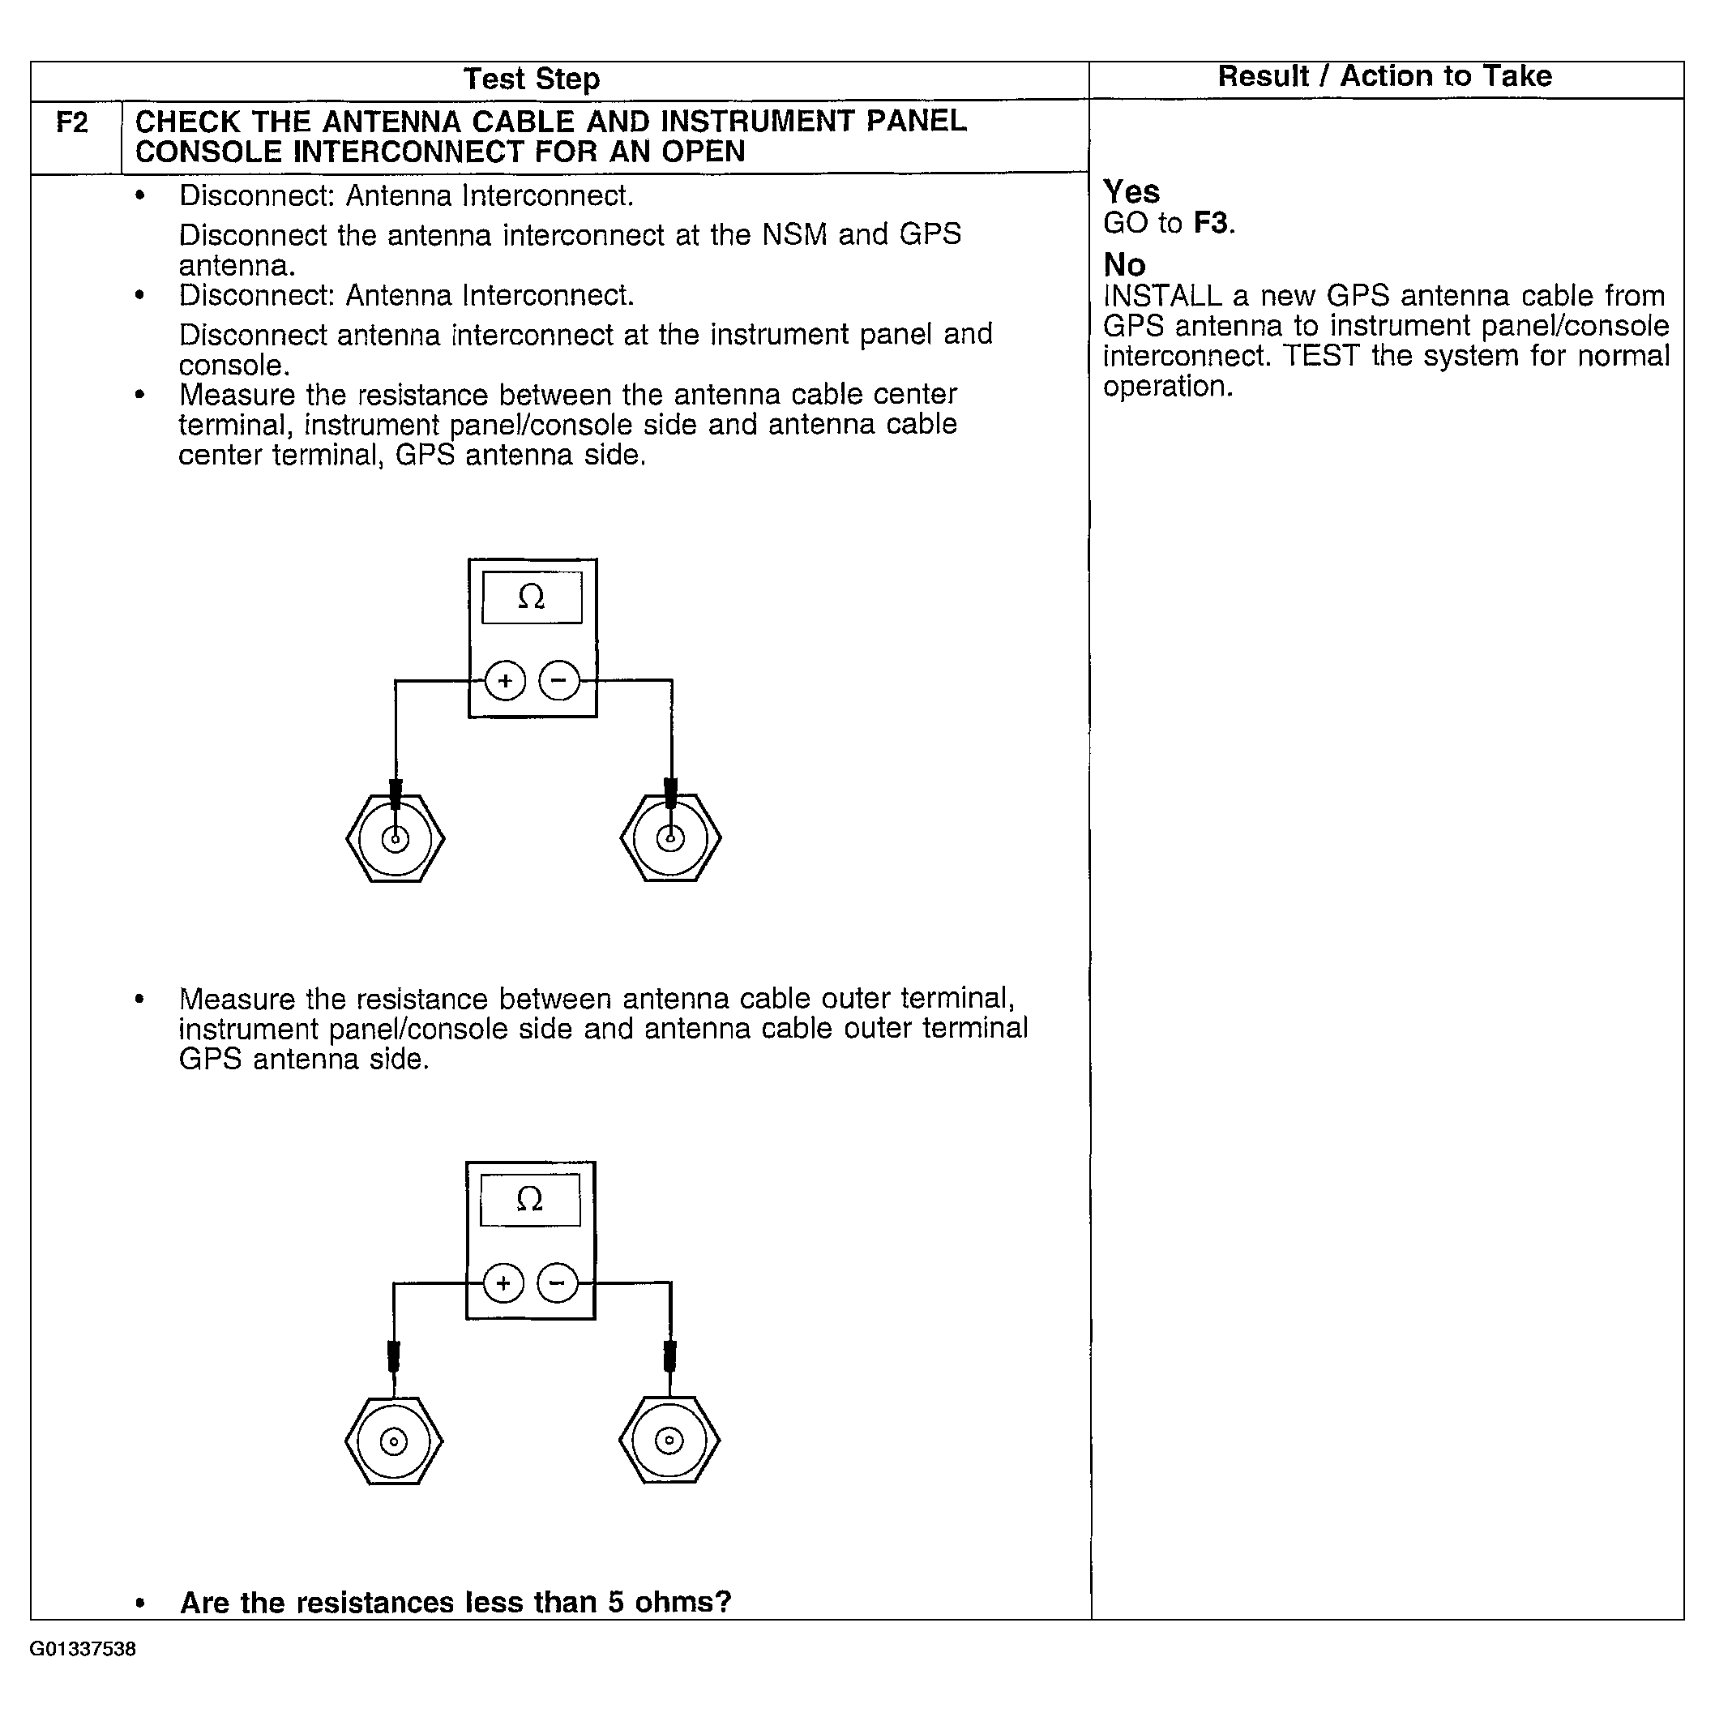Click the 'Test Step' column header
[532, 80]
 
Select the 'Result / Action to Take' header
[1384, 76]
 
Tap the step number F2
[73, 122]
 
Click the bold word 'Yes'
[1131, 192]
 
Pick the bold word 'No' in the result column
[1124, 265]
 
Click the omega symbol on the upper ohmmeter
[532, 597]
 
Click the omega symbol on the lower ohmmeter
[529, 1200]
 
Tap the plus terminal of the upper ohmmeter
[506, 682]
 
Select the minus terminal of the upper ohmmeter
[559, 682]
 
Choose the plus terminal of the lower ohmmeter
[504, 1283]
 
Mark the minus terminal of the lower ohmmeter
[557, 1283]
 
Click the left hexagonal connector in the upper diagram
[396, 838]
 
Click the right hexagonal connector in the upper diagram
[671, 838]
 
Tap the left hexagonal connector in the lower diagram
[394, 1441]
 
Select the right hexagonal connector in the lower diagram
[669, 1441]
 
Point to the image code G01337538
[83, 1650]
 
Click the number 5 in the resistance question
[616, 1603]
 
